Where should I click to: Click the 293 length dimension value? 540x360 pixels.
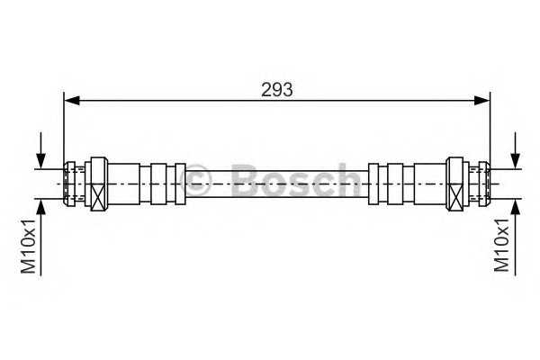tap(275, 89)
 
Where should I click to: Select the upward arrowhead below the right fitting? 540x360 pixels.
tap(514, 204)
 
